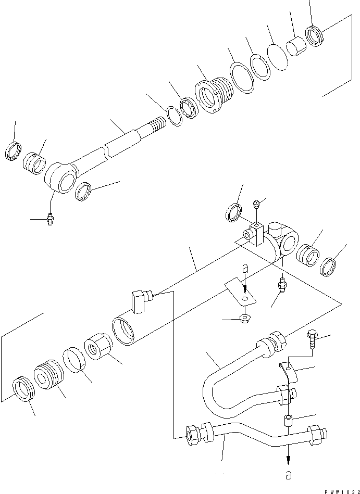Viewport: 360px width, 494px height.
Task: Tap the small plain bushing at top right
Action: click(297, 46)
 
